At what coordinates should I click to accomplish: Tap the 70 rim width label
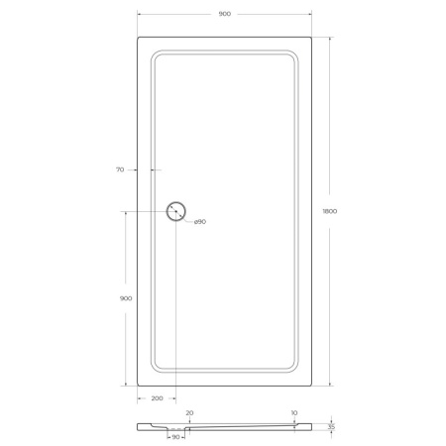119,170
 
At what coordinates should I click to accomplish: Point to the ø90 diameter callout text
199,221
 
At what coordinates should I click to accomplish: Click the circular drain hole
176,211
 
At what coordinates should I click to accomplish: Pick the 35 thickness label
332,427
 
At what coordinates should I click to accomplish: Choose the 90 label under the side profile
176,437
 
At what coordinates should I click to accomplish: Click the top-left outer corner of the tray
138,39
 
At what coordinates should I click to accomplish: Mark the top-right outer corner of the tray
313,39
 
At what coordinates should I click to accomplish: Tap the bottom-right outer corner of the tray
313,386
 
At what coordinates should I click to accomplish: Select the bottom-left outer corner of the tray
138,386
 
